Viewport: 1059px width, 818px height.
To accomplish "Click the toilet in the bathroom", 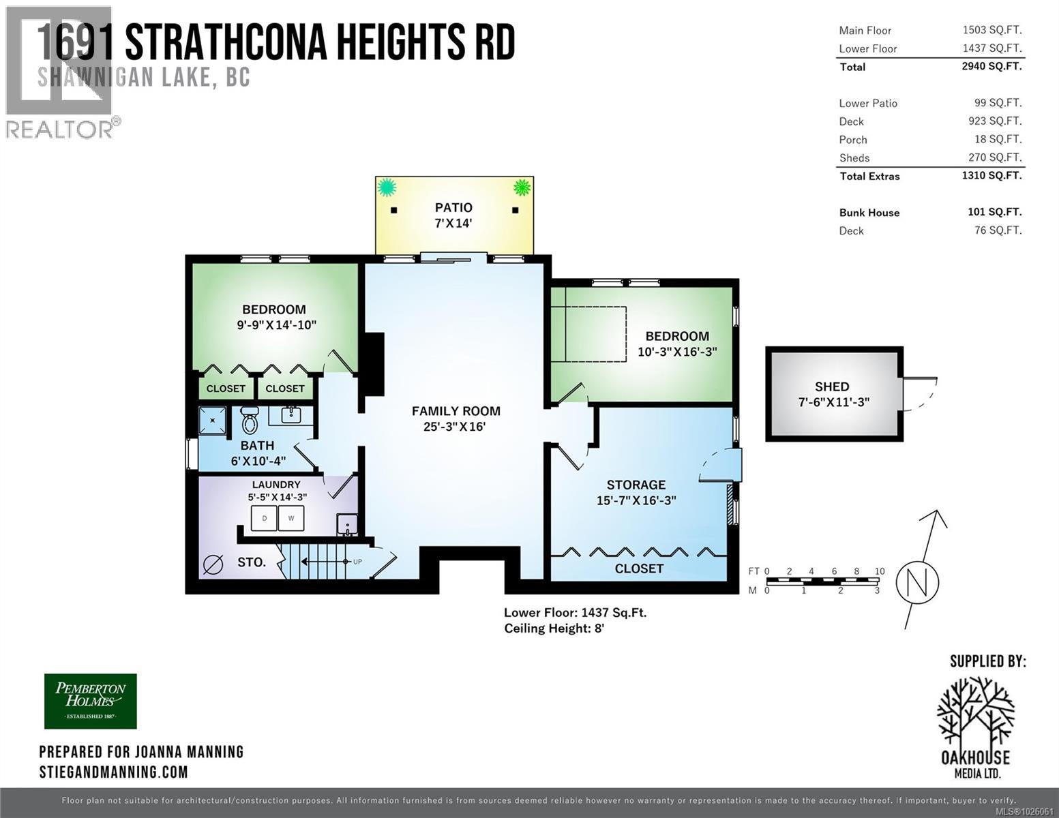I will point(250,421).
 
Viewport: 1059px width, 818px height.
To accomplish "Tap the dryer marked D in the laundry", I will point(265,518).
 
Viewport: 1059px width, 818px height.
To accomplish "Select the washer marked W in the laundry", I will point(291,518).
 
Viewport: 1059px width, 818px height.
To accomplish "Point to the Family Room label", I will point(456,411).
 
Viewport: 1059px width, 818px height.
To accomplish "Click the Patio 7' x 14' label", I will point(453,215).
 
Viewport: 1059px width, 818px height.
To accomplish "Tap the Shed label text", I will point(832,387).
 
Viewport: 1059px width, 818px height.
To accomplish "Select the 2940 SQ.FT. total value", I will point(991,66).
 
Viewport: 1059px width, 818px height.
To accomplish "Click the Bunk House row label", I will point(869,213).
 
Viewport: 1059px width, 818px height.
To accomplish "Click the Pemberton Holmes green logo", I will point(91,701).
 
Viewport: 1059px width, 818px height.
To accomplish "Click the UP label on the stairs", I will point(357,562).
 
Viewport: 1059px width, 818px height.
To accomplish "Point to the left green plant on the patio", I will point(387,186).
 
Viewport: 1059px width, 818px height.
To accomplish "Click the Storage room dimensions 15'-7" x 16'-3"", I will point(636,500).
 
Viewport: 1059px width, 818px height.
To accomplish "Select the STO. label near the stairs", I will point(251,562).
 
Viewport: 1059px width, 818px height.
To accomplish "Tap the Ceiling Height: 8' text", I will point(554,628).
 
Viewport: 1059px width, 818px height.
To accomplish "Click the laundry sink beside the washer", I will point(346,524).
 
